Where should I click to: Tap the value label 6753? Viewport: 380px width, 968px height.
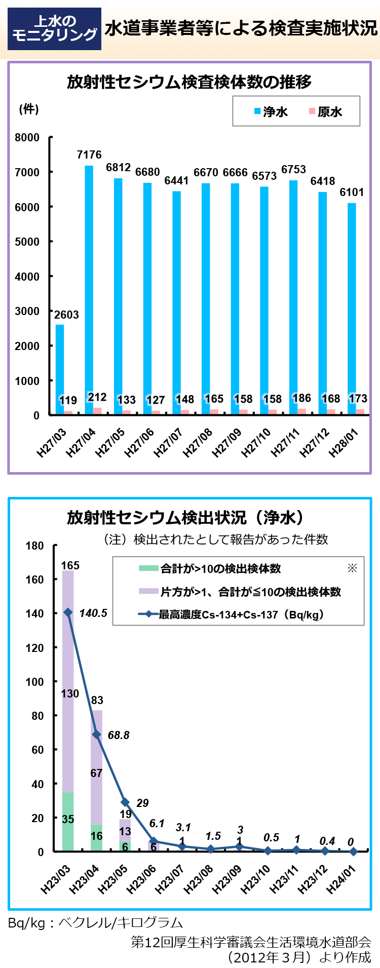click(x=293, y=169)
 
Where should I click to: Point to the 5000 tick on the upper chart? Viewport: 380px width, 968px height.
click(x=27, y=242)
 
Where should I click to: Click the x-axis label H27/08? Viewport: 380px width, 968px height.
click(x=198, y=442)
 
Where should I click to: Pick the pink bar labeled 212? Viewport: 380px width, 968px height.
click(x=97, y=411)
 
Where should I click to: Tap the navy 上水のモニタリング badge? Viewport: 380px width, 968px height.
click(x=54, y=28)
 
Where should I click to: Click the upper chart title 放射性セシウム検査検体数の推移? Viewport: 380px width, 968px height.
click(x=189, y=82)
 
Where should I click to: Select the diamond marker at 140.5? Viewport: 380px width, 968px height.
click(x=68, y=612)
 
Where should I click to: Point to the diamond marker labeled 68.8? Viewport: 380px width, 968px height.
click(x=96, y=734)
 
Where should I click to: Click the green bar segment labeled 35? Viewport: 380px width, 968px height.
click(x=68, y=821)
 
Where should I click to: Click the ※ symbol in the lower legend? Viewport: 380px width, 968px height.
click(x=352, y=568)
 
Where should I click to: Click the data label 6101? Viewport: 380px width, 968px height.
click(x=352, y=192)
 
